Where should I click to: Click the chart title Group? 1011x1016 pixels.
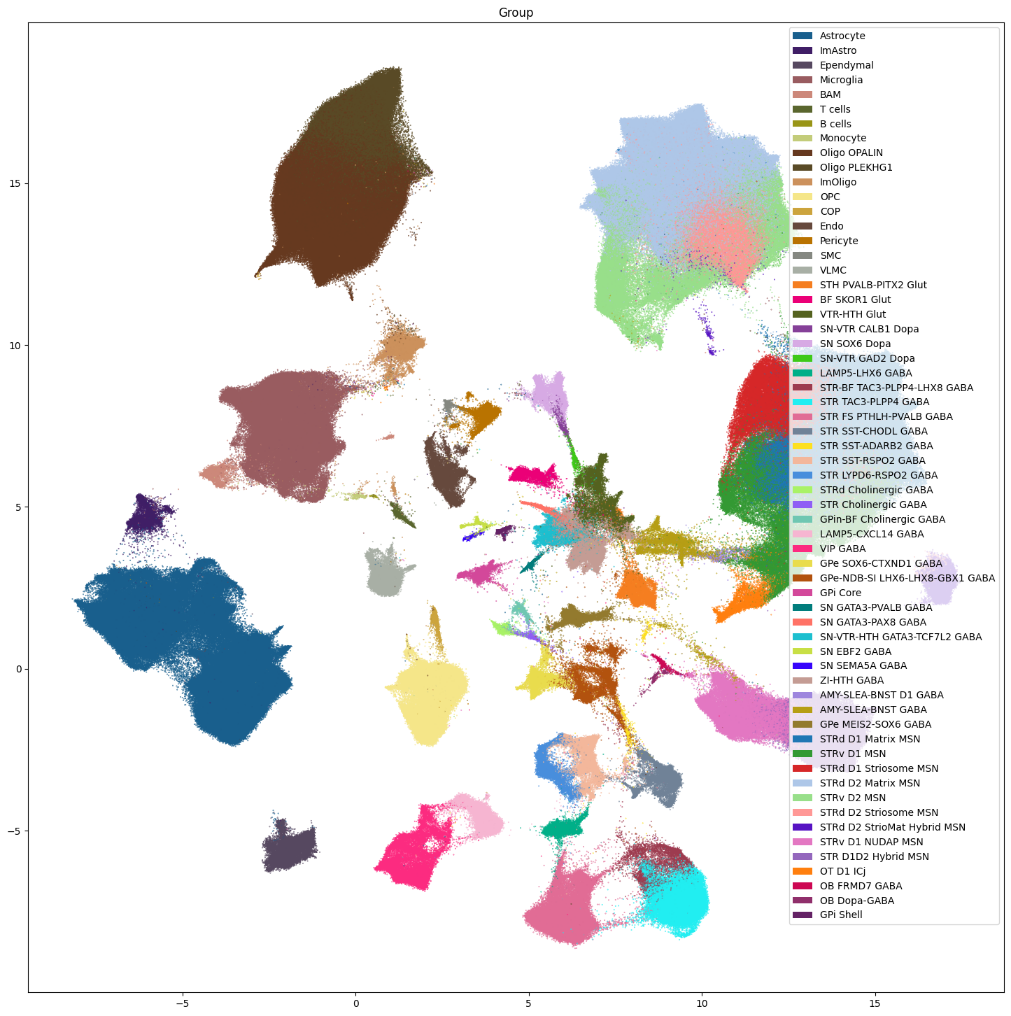click(516, 13)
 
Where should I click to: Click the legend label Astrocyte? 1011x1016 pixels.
click(842, 36)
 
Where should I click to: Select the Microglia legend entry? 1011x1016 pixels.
click(841, 80)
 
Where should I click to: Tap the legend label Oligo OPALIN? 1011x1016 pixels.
click(851, 153)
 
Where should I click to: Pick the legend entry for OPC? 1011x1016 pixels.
click(830, 197)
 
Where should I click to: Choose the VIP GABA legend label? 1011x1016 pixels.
click(842, 549)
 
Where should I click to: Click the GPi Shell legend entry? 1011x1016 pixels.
click(841, 915)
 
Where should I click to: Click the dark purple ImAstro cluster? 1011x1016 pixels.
click(147, 516)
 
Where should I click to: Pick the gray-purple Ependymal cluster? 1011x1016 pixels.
click(290, 848)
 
